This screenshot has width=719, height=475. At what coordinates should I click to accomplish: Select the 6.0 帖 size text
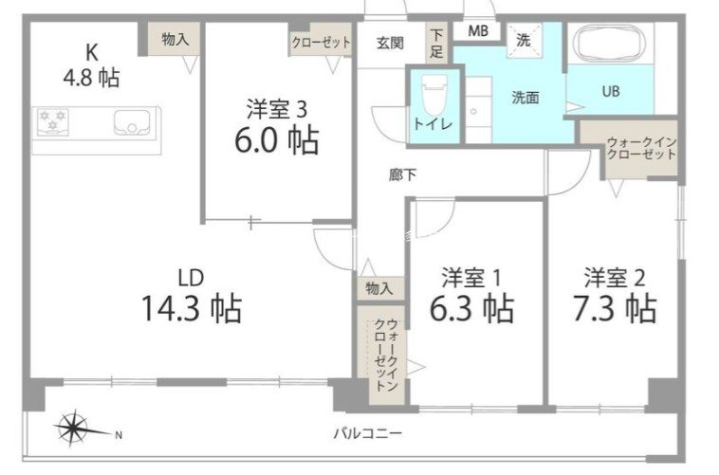click(276, 141)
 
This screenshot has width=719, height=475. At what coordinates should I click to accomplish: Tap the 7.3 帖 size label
click(618, 307)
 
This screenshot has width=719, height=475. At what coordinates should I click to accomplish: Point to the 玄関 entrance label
click(389, 43)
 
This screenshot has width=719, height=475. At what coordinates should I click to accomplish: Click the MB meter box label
click(477, 31)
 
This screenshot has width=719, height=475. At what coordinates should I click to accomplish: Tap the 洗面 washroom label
click(525, 97)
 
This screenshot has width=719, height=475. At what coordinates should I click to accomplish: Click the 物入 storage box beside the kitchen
click(174, 40)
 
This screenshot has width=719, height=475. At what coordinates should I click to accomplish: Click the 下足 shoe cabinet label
click(436, 43)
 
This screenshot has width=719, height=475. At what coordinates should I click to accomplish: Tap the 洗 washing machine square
click(523, 40)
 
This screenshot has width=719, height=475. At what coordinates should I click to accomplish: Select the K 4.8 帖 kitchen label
click(91, 64)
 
